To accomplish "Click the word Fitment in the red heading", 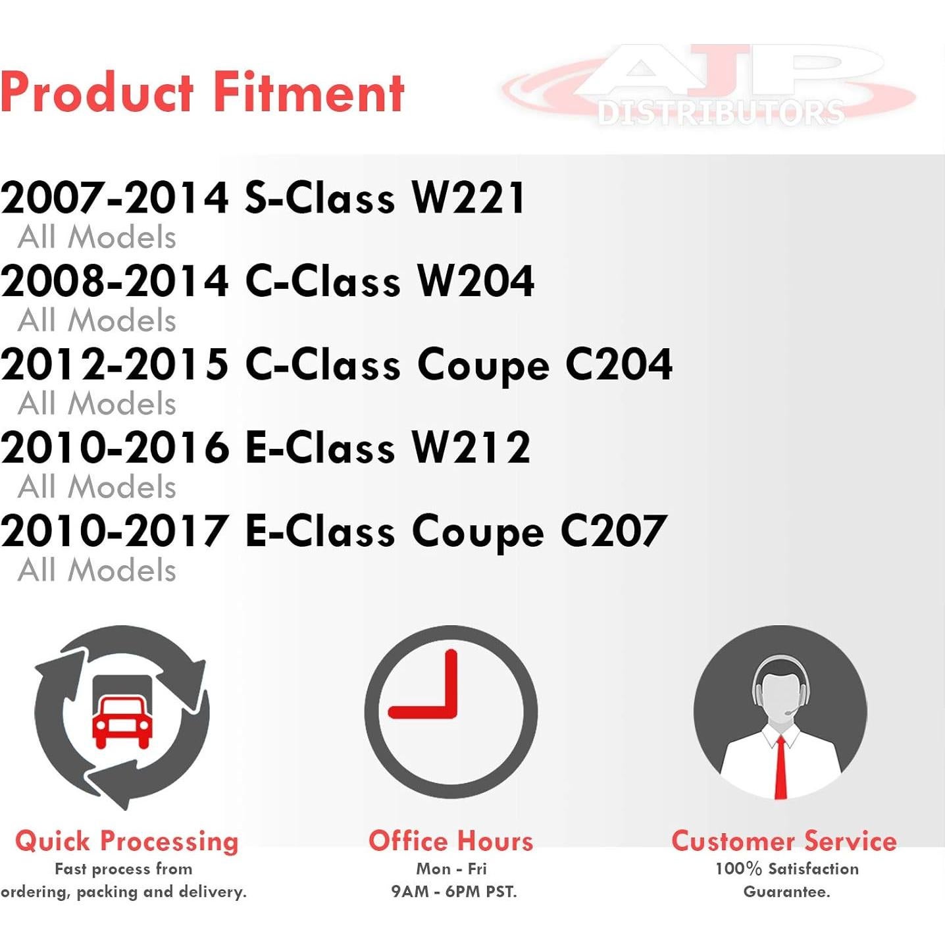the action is (309, 92).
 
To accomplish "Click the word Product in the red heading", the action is (97, 92).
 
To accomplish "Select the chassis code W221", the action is (469, 197).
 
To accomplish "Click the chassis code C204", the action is (619, 364).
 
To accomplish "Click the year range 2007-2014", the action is (115, 197).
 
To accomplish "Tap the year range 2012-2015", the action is (115, 364).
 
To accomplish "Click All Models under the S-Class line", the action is (97, 238).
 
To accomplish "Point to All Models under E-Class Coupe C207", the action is (97, 571).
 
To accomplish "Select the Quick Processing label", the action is (126, 842).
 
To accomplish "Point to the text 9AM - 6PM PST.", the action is (454, 892).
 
